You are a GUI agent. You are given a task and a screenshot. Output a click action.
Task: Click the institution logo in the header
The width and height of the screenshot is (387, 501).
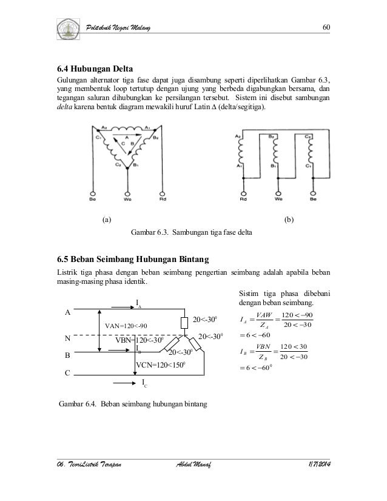click(67, 28)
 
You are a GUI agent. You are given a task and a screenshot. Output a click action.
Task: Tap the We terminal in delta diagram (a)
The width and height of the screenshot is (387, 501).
click(127, 197)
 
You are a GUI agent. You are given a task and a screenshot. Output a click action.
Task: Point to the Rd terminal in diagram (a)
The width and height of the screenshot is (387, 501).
click(162, 197)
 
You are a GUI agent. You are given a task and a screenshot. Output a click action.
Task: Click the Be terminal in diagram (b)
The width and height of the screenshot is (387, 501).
click(313, 197)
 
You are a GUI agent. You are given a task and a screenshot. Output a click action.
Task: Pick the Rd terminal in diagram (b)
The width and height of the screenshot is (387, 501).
click(243, 197)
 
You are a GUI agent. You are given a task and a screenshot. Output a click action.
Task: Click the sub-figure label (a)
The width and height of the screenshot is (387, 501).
click(106, 220)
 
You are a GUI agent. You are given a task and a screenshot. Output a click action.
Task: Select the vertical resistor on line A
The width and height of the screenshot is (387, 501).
click(184, 322)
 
